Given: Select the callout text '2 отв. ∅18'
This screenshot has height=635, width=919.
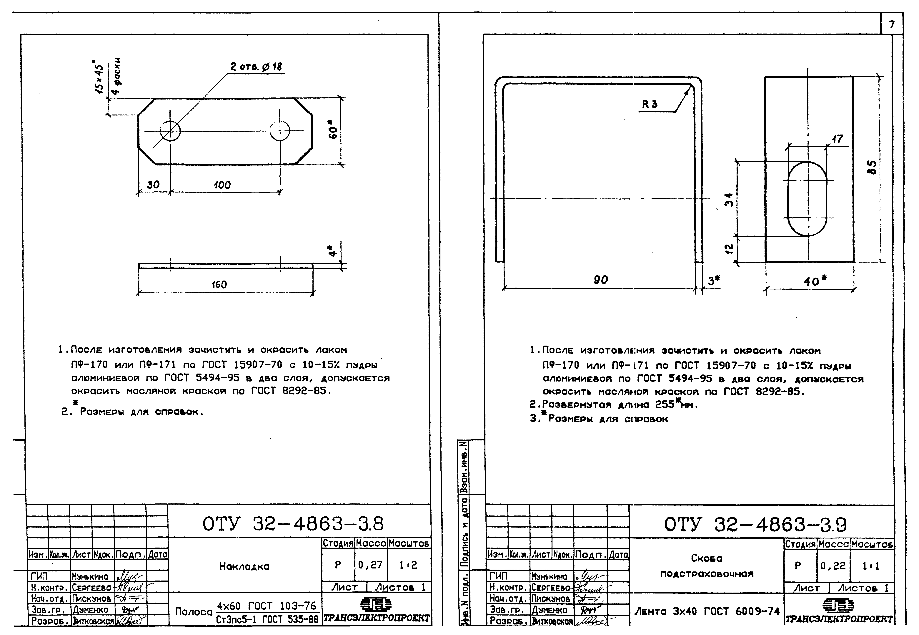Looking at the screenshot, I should point(256,67).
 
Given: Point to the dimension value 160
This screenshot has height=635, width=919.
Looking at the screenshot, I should point(219,284).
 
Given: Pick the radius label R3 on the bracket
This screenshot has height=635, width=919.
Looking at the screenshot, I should point(650,105).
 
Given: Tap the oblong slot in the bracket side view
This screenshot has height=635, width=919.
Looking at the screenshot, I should point(807,199).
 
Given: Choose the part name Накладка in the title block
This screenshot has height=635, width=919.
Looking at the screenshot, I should point(244,566).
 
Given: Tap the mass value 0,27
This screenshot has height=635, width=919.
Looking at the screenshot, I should point(370,565).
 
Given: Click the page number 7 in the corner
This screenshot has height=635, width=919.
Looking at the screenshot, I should point(892,25).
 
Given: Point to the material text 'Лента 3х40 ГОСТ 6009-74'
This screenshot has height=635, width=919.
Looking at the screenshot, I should point(707,611).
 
